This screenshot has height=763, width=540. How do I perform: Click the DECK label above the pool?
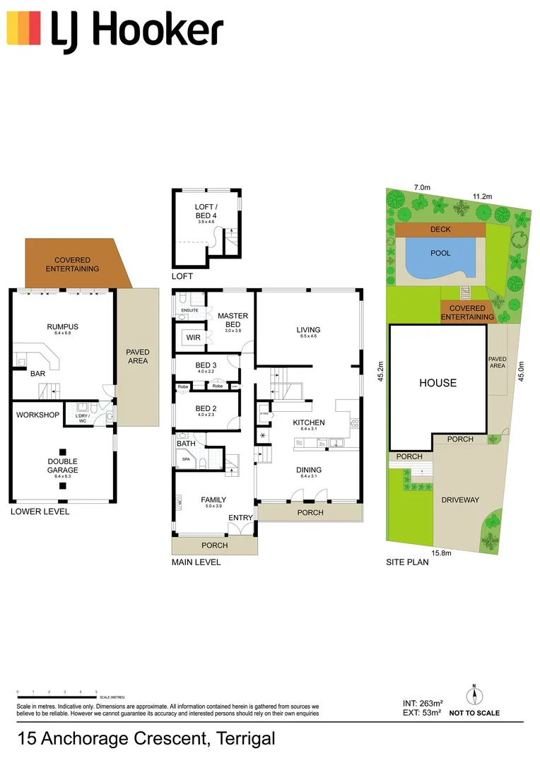(440, 230)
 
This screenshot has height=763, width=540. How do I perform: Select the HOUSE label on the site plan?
(438, 383)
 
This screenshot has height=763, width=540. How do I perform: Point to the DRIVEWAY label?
(460, 500)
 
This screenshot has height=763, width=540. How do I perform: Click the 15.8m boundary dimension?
(442, 553)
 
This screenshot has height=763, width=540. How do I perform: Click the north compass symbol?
(474, 695)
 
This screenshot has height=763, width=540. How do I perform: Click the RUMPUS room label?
(62, 326)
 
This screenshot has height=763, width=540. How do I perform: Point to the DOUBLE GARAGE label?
(62, 466)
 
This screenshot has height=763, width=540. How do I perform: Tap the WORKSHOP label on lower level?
(37, 415)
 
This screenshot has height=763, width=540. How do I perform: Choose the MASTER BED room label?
(233, 320)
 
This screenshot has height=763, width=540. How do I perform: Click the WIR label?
(193, 338)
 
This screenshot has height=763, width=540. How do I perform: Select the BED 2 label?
(206, 409)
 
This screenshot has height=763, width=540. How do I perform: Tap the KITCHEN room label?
(309, 422)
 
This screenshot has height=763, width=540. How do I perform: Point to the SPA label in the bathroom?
(187, 459)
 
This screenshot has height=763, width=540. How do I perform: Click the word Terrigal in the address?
(246, 739)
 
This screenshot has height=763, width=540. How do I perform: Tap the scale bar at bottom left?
(57, 694)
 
